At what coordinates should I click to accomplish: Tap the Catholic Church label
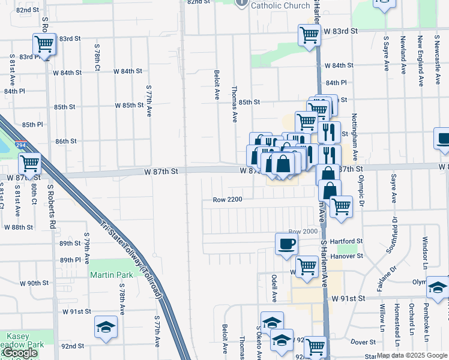pos(280,5)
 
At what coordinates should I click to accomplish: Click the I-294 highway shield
pos(21,145)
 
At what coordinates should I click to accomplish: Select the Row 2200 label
pos(227,199)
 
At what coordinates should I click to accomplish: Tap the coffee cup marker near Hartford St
pos(286,244)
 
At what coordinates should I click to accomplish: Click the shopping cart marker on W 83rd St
pos(309,35)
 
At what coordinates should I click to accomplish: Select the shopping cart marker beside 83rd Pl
pos(44,43)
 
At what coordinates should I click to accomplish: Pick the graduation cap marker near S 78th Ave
pos(106,326)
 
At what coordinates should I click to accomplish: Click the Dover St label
pos(363,341)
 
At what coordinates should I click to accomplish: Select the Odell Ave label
pos(274,287)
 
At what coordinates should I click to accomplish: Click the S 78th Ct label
pos(97,56)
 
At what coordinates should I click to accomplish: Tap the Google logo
pos(20,353)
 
